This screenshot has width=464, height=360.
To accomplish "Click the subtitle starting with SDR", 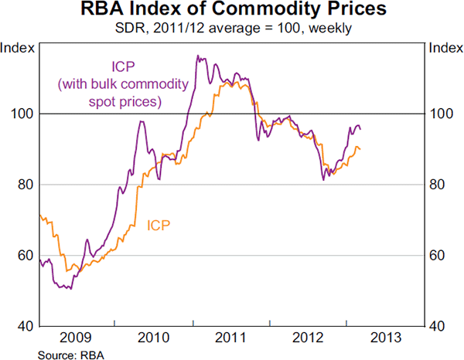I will (231, 30).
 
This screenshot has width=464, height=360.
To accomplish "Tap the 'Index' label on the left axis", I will (16, 48).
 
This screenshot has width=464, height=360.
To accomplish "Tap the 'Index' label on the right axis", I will (445, 48).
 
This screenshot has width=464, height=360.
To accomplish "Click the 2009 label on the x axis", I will (76, 338).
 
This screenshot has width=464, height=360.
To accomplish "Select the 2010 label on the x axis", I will (154, 338).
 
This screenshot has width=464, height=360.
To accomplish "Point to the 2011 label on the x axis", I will (231, 338).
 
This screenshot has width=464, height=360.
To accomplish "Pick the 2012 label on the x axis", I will (308, 338).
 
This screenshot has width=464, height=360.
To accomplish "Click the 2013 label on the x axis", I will (385, 338).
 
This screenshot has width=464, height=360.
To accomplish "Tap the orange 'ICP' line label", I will (159, 226).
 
